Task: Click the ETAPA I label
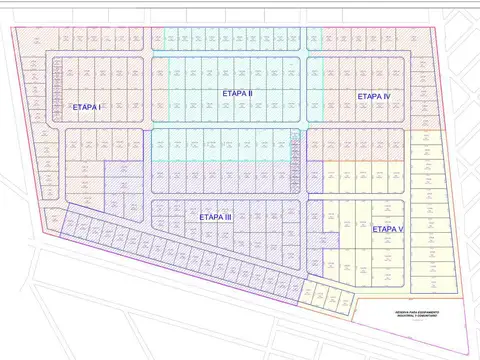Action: (x=87, y=106)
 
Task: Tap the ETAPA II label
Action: (x=237, y=93)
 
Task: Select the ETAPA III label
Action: (x=216, y=217)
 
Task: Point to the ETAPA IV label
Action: (x=373, y=96)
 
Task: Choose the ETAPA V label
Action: (x=387, y=229)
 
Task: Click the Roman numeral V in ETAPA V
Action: (x=400, y=229)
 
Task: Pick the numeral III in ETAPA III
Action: (x=228, y=217)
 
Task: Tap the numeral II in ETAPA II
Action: (x=249, y=93)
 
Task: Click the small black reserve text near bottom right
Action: (x=416, y=314)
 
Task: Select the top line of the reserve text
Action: (x=416, y=312)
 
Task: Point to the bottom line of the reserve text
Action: (x=416, y=317)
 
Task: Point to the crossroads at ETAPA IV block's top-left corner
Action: (x=303, y=53)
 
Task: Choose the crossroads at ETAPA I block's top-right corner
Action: (x=147, y=53)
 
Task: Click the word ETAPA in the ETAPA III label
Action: (x=210, y=217)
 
